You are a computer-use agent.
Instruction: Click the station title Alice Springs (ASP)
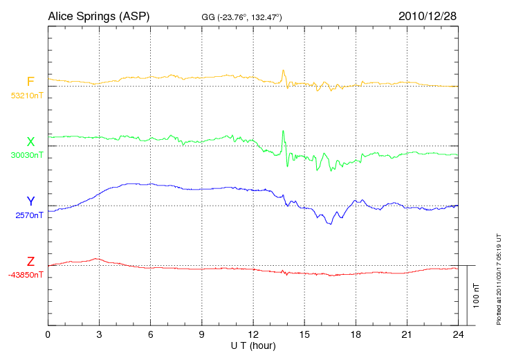pyautogui.click(x=98, y=15)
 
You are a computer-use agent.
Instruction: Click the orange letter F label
pyautogui.click(x=30, y=82)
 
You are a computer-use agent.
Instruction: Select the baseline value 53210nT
pyautogui.click(x=26, y=96)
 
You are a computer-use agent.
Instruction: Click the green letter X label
pyautogui.click(x=30, y=142)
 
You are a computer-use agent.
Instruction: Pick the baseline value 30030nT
pyautogui.click(x=26, y=155)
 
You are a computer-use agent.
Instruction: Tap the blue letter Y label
pyautogui.click(x=30, y=201)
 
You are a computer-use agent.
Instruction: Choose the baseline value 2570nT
pyautogui.click(x=29, y=215)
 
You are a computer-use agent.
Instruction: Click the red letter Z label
pyautogui.click(x=30, y=261)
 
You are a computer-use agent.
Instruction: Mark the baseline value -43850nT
pyautogui.click(x=26, y=275)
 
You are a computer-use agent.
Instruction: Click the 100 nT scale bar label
pyautogui.click(x=477, y=295)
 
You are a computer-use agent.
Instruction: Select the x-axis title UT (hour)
pyautogui.click(x=253, y=345)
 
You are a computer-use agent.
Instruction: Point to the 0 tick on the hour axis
pyautogui.click(x=48, y=335)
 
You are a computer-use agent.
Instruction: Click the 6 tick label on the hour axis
pyautogui.click(x=151, y=335)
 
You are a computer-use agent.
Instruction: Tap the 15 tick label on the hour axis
pyautogui.click(x=304, y=335)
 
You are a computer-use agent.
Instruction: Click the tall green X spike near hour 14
pyautogui.click(x=283, y=131)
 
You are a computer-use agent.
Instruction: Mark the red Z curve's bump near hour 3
pyautogui.click(x=96, y=259)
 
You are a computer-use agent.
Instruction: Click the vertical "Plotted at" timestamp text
pyautogui.click(x=498, y=278)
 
